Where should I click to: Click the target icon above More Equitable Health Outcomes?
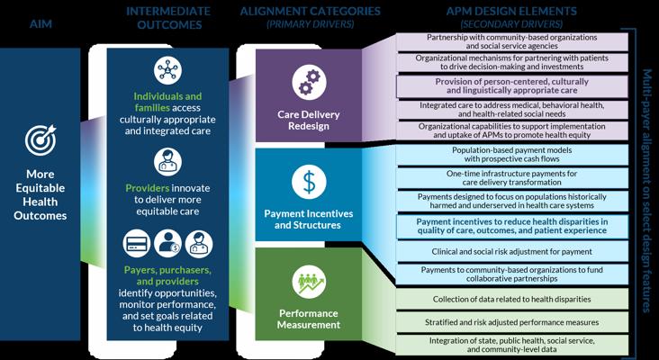pyautogui.click(x=41, y=140)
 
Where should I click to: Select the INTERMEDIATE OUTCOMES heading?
pyautogui.click(x=168, y=17)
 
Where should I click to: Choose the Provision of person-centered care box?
pyautogui.click(x=512, y=85)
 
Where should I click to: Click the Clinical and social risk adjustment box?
pyautogui.click(x=512, y=251)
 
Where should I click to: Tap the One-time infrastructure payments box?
pyautogui.click(x=512, y=176)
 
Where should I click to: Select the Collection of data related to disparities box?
pyautogui.click(x=512, y=299)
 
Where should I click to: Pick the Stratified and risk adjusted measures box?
pyautogui.click(x=512, y=321)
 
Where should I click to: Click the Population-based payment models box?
pyautogui.click(x=512, y=154)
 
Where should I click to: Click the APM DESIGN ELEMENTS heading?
pyautogui.click(x=511, y=12)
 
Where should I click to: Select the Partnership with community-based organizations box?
pyautogui.click(x=512, y=40)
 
